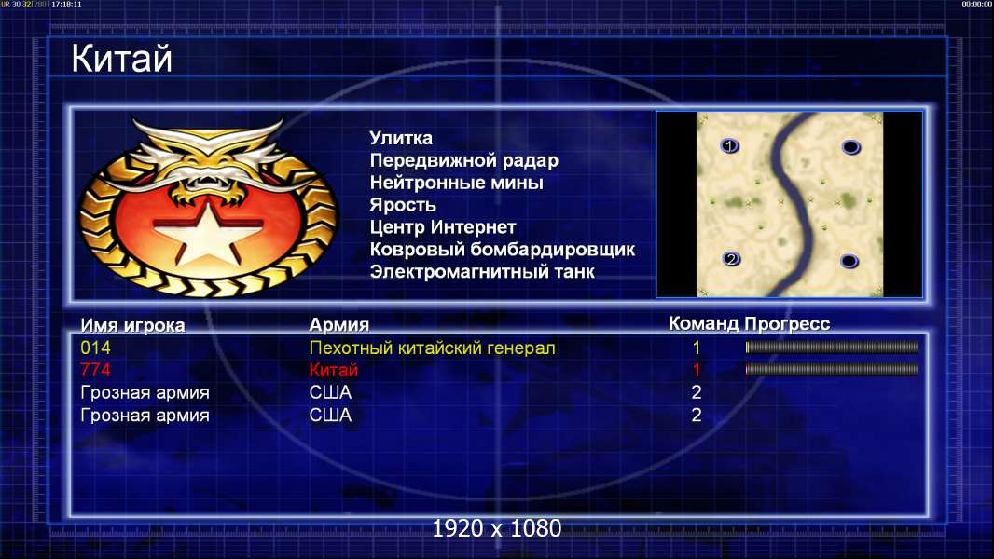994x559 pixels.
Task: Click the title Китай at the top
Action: pos(122,59)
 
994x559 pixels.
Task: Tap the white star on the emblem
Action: pos(207,232)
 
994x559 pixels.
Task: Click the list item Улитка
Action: pos(401,138)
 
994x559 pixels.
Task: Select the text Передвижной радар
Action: pos(464,161)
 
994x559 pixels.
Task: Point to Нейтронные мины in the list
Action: pos(456,183)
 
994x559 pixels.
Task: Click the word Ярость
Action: pos(403,205)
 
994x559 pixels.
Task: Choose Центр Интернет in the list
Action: pos(443,227)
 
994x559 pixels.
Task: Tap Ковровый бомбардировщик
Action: pos(502,250)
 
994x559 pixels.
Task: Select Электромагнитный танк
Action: pos(482,272)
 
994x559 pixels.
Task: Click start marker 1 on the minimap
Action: pos(730,146)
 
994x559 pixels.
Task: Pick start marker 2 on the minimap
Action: pos(732,259)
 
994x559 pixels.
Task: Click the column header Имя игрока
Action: pos(132,325)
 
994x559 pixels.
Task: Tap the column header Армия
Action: pos(339,325)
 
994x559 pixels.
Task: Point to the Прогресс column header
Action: pos(787,324)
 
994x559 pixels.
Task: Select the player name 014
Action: pos(96,348)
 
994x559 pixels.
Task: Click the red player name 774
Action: pos(96,370)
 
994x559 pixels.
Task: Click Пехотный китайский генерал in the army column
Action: pos(433,348)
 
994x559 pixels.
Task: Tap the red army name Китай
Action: pos(334,370)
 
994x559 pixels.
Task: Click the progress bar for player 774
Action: pos(832,369)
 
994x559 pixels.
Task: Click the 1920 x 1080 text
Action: pos(497,528)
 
